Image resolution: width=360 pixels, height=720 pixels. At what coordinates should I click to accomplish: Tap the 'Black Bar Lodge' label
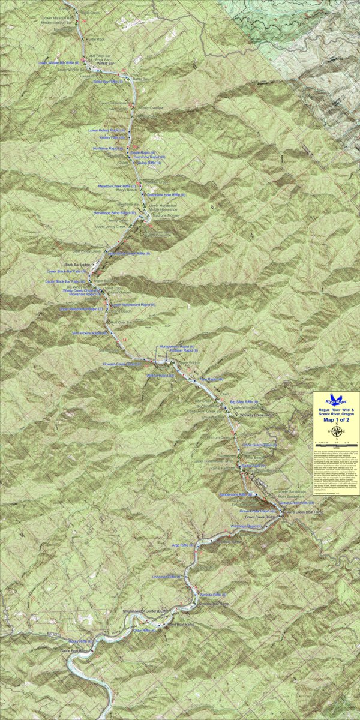coord(77,265)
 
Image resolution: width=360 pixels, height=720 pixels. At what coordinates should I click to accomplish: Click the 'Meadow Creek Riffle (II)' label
coord(118,187)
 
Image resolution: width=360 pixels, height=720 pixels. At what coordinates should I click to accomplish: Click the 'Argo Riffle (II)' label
coord(181,545)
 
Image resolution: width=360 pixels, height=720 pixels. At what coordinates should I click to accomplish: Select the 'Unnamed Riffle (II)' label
coord(167,576)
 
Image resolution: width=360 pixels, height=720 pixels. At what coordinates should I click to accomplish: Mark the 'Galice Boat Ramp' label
coord(76,650)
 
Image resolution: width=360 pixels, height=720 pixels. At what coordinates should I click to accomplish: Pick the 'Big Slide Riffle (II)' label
coord(244,401)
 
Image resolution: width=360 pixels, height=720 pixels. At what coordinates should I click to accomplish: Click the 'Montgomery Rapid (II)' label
coord(175,346)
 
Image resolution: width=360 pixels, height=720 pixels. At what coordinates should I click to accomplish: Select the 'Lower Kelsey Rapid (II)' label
coord(107,130)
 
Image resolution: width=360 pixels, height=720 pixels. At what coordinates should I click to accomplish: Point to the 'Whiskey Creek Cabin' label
coord(256,415)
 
